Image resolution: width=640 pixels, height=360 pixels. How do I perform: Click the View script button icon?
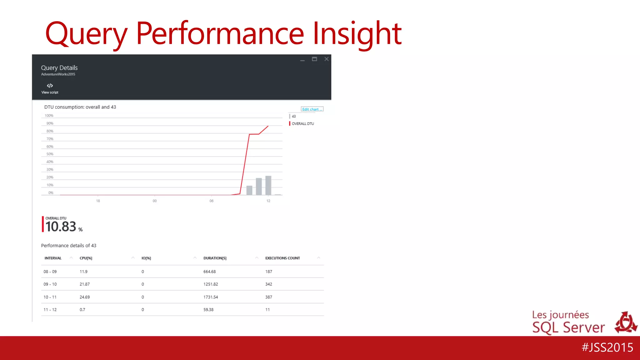50,86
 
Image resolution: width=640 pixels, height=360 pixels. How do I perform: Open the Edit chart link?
312,109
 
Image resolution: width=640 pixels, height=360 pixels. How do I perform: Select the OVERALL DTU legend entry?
302,124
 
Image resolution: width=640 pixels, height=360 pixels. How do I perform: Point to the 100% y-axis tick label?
49,116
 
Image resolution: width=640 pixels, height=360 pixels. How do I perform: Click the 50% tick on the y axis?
50,154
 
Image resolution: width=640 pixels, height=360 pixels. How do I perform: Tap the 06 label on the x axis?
212,201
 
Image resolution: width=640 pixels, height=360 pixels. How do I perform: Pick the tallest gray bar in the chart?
268,185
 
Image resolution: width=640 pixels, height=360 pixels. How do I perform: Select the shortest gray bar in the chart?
249,190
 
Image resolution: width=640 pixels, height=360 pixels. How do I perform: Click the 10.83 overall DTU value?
61,227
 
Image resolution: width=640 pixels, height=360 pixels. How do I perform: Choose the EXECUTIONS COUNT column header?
282,258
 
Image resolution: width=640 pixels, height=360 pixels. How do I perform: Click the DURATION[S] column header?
215,258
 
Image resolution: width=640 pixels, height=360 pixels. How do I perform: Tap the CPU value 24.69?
84,297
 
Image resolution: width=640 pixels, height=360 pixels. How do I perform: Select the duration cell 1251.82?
211,284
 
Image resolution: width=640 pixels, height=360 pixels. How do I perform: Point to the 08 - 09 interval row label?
50,272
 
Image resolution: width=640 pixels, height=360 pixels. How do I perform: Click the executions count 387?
268,297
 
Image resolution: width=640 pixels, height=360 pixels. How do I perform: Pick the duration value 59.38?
208,310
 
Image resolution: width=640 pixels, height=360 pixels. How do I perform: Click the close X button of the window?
326,59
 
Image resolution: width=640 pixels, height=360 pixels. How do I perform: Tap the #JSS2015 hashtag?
607,347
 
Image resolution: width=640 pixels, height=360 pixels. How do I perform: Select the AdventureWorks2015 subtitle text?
58,74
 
